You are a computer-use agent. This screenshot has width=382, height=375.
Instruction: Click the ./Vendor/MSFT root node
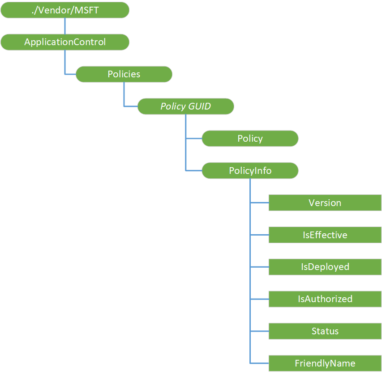pos(65,10)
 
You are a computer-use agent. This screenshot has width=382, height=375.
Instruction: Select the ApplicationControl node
pos(65,42)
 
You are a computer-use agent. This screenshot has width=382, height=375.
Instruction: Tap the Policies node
pos(124,74)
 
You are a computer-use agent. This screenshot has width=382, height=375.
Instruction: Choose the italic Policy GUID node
pos(185,106)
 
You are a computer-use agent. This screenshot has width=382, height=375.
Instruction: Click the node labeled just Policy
pos(250,139)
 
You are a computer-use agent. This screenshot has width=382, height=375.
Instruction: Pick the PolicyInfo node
pos(250,171)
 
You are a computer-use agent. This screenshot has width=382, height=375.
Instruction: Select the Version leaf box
pos(325,203)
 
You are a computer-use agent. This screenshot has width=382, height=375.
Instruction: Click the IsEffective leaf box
pos(325,235)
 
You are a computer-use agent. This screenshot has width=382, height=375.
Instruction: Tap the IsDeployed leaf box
pos(325,267)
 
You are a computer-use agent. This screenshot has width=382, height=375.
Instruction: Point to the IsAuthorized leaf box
pos(325,299)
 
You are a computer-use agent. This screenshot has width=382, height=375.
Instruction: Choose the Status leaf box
pos(325,331)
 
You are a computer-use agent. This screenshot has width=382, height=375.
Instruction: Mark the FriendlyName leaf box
pos(325,363)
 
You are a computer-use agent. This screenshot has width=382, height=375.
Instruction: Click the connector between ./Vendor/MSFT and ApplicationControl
pos(65,26)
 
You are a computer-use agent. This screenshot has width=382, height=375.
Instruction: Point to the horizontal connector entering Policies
pos(70,74)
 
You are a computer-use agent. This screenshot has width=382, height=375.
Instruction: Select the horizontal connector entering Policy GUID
pos(131,106)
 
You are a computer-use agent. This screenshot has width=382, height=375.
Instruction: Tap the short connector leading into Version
pos(259,203)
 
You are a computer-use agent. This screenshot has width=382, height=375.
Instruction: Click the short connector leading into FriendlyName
pos(259,363)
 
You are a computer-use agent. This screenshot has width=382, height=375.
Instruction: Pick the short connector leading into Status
pos(259,331)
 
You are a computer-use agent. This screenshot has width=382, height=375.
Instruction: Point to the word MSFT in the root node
pos(86,10)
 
